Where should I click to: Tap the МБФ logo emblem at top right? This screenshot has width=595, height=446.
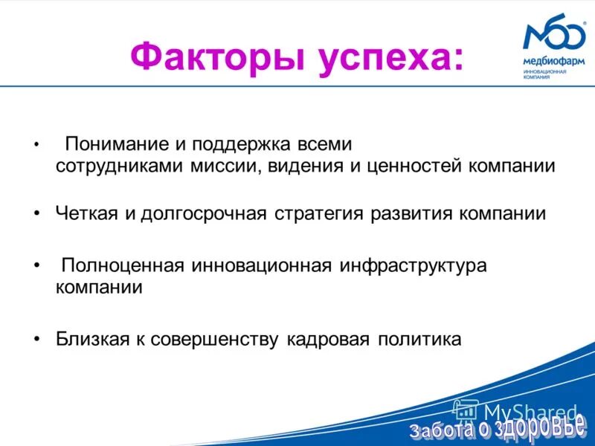click(x=554, y=36)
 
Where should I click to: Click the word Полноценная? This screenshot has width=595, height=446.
click(x=123, y=265)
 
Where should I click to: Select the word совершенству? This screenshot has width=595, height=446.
click(x=216, y=340)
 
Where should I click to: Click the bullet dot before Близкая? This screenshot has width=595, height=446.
click(x=37, y=340)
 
